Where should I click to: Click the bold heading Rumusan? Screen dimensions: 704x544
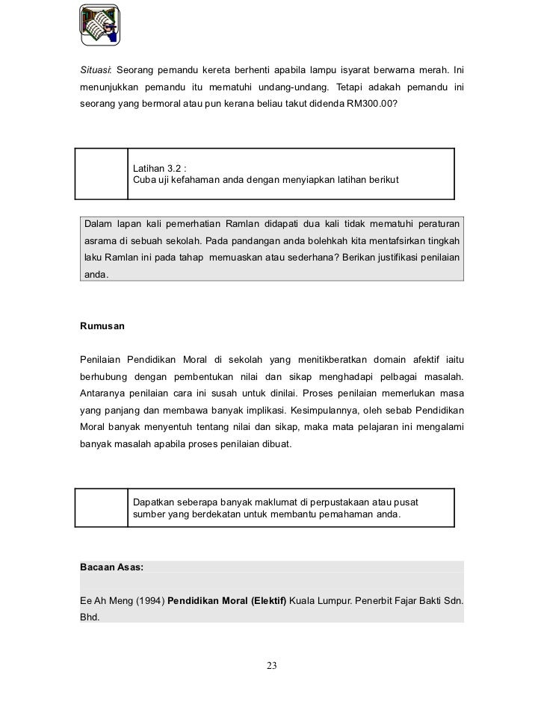coord(102,326)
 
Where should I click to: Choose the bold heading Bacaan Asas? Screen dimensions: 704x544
coord(111,567)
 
